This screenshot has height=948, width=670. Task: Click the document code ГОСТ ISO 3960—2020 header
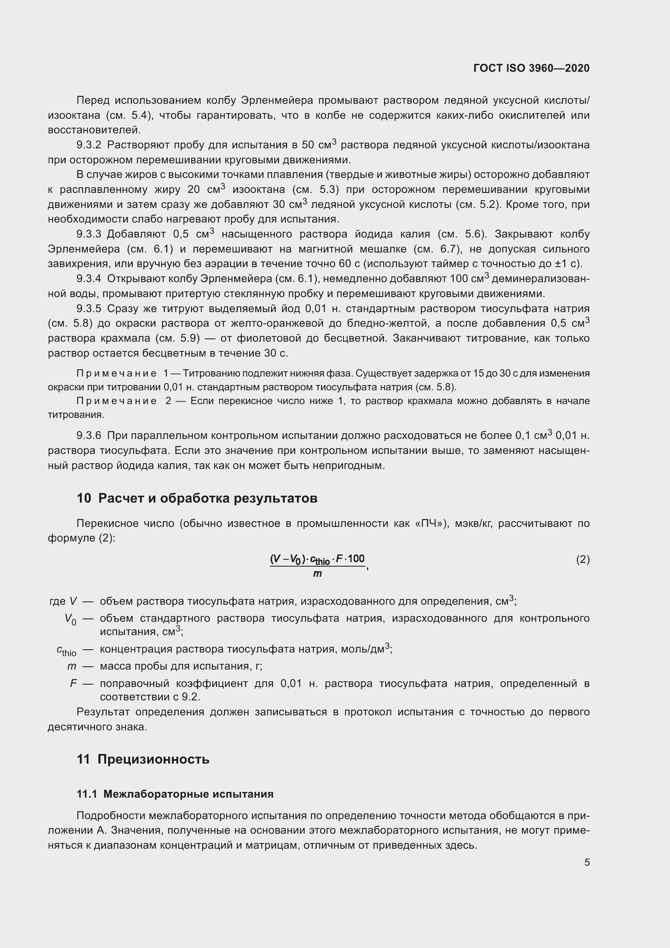[531, 68]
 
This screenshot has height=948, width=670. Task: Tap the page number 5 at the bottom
[587, 862]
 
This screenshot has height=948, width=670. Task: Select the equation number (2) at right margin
[583, 559]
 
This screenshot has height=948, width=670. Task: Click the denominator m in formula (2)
[317, 573]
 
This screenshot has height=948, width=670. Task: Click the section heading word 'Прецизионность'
[154, 759]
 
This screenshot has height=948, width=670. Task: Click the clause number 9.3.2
[89, 145]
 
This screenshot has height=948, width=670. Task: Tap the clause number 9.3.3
[89, 234]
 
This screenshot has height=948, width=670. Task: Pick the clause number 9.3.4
[89, 279]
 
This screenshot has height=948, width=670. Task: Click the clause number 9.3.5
[89, 308]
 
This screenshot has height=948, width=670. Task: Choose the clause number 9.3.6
[89, 436]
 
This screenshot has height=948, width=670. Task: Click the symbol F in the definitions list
[73, 683]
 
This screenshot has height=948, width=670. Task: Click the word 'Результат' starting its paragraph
[103, 712]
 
